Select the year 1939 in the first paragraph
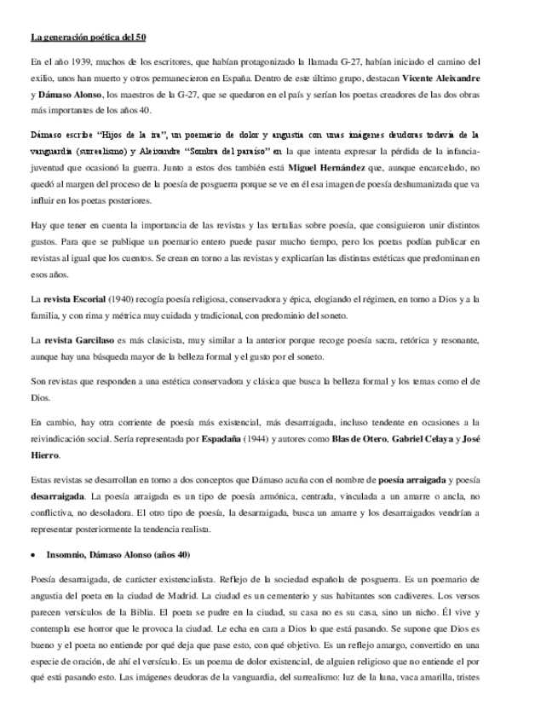pyautogui.click(x=74, y=62)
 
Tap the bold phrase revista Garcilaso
pyautogui.click(x=78, y=340)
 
